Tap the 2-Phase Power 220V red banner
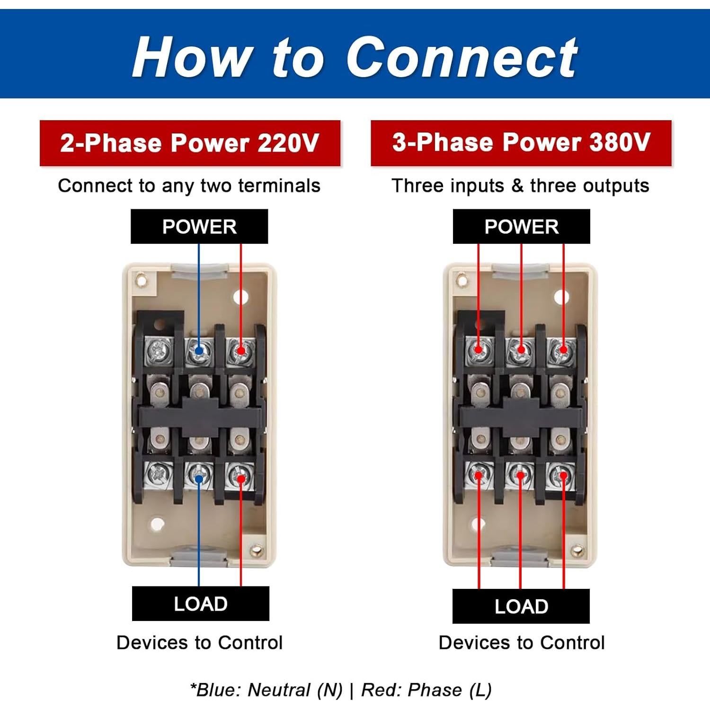(x=190, y=143)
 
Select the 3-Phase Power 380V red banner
(x=521, y=142)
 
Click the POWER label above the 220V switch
(x=199, y=227)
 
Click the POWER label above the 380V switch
(x=521, y=227)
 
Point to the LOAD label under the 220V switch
(x=201, y=604)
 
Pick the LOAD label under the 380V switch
(x=521, y=606)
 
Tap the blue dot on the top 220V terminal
(x=199, y=351)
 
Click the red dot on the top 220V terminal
(x=241, y=351)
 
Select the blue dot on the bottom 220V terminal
(x=199, y=479)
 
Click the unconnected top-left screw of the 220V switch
(x=157, y=351)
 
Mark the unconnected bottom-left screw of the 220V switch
(x=157, y=474)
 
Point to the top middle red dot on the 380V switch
(x=521, y=350)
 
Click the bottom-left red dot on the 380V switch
(x=479, y=475)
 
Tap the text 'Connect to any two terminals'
(x=189, y=186)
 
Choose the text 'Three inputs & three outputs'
(x=521, y=186)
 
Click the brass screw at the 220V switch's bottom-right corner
(x=257, y=550)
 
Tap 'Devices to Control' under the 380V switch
(x=522, y=643)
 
